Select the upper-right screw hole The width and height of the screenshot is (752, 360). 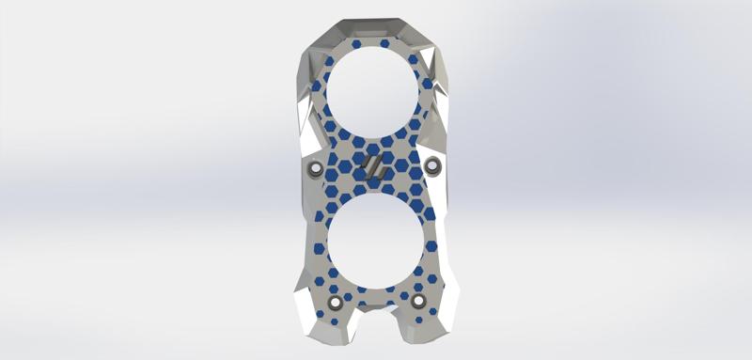coord(432,166)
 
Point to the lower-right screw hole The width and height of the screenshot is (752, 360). coord(418,301)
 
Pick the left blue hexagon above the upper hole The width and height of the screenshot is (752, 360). coord(356,43)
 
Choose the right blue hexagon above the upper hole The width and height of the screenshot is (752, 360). coord(384,43)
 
